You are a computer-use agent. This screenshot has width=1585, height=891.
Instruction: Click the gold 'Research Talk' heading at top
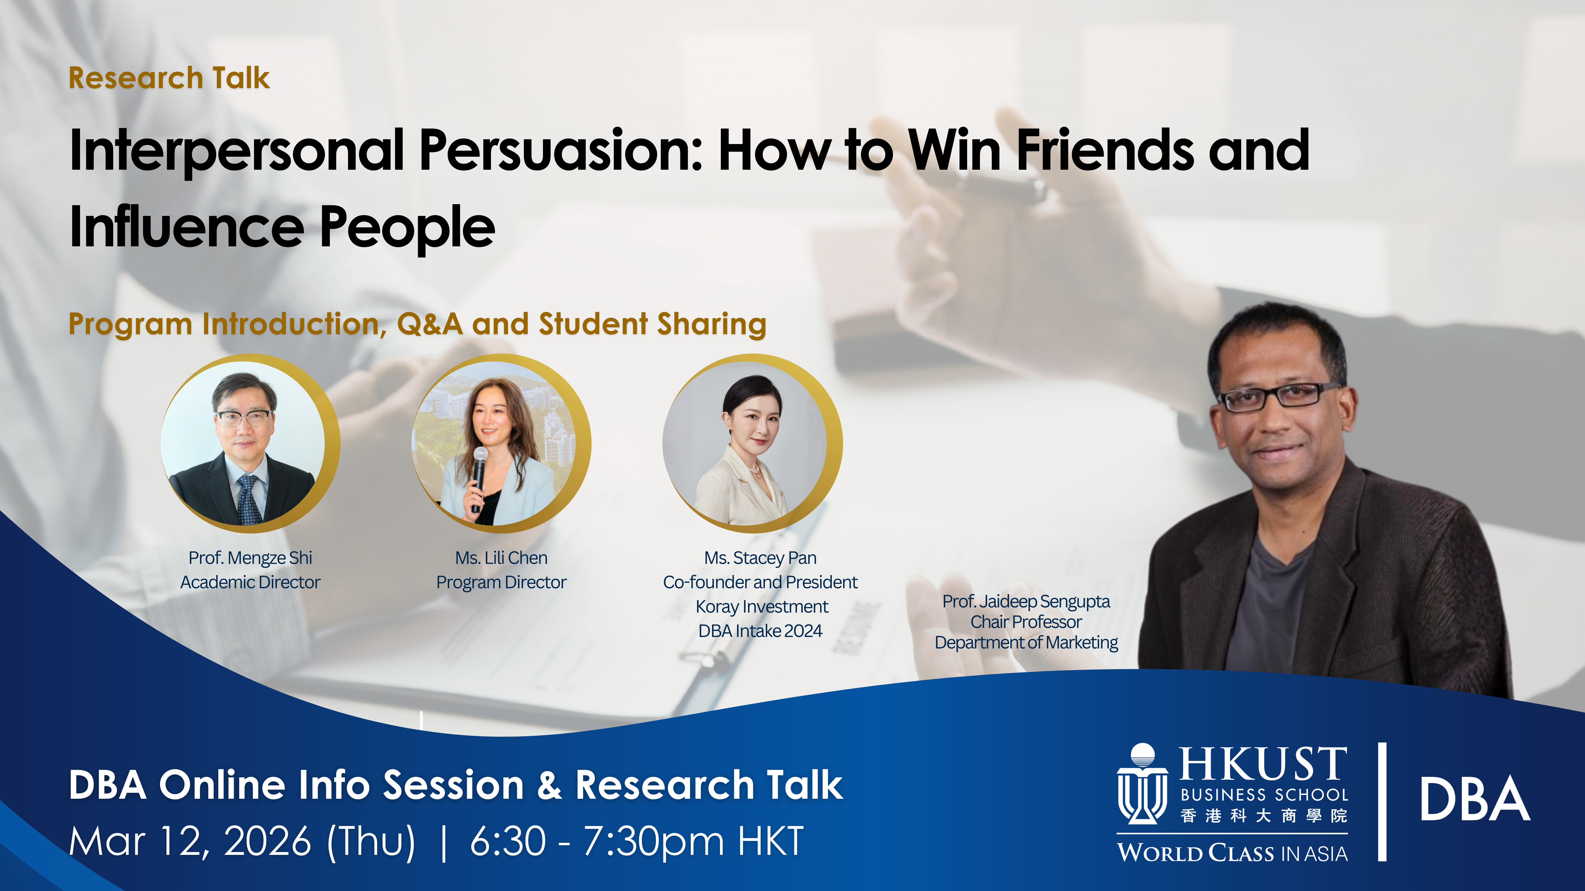(169, 78)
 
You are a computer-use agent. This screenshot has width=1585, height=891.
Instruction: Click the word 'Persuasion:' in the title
(561, 151)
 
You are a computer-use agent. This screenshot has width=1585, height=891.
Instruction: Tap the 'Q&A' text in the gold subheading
(430, 324)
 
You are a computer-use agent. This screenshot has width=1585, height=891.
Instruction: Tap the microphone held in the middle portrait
(479, 474)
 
